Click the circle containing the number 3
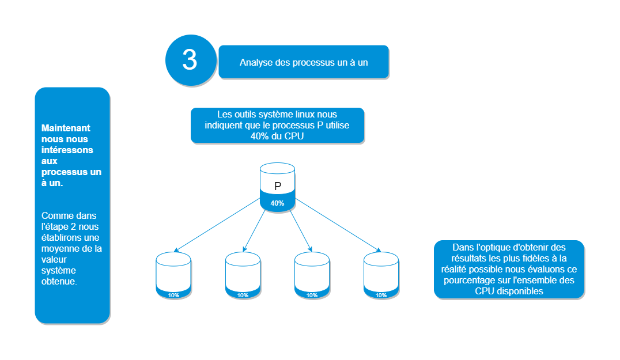coord(190,60)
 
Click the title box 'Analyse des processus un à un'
coord(303,62)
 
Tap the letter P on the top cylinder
coord(278,186)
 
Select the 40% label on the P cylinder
coord(278,203)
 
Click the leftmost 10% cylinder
coord(173,275)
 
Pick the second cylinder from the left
coord(243,275)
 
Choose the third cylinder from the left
coord(312,275)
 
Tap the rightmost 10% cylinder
coord(381,275)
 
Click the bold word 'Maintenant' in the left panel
coord(66,128)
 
